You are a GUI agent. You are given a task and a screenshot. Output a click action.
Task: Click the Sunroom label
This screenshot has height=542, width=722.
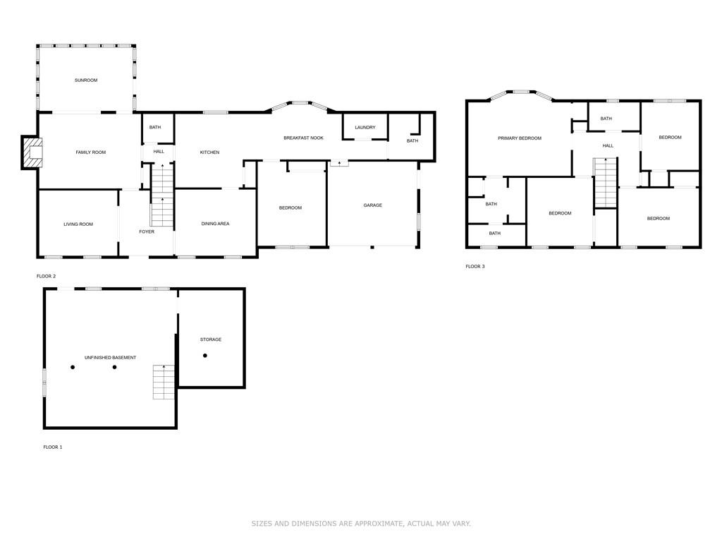click(86, 80)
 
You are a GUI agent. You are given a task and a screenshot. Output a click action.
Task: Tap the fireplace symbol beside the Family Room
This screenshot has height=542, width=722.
click(32, 152)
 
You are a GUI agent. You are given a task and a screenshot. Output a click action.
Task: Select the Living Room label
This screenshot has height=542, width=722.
click(78, 224)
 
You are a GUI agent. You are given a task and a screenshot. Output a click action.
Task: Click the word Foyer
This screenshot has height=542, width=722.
click(146, 231)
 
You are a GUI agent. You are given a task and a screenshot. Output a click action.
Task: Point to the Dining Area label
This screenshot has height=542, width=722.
click(215, 224)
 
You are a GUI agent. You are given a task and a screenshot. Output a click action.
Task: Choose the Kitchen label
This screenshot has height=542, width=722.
click(209, 152)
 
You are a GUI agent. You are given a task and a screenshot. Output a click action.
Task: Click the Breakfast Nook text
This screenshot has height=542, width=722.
click(303, 138)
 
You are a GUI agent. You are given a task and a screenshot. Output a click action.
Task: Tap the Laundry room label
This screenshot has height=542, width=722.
click(365, 128)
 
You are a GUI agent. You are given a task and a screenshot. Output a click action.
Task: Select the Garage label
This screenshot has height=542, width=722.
click(373, 205)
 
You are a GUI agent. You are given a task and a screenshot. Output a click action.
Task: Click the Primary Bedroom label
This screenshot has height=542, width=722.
click(520, 138)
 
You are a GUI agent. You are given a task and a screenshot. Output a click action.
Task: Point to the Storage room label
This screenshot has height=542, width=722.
click(210, 339)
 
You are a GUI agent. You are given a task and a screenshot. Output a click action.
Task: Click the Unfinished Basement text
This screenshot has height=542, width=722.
click(110, 358)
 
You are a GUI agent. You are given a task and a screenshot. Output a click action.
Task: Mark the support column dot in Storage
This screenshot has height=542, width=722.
click(205, 355)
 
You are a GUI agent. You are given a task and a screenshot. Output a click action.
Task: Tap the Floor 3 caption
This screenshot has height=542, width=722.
click(475, 267)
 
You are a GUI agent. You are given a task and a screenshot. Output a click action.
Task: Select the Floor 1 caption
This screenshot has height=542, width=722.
click(53, 447)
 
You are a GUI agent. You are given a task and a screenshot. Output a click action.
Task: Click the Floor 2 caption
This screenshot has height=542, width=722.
click(46, 276)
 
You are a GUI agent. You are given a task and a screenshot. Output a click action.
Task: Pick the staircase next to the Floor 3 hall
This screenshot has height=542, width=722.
click(606, 183)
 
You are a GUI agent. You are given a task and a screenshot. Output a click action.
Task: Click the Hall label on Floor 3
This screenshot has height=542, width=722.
click(608, 146)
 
